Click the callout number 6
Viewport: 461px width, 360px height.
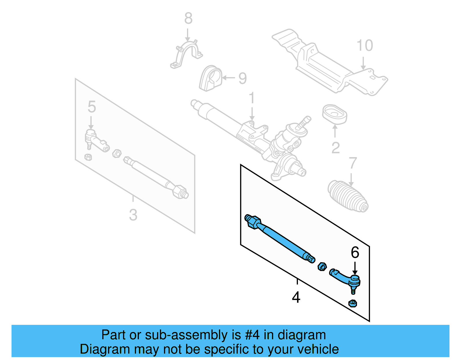coord(355,252)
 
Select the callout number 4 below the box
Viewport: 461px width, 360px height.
coord(296,297)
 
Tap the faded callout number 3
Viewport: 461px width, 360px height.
coord(133,215)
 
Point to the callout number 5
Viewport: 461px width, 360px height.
coord(92,107)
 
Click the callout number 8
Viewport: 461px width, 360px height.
coord(188,18)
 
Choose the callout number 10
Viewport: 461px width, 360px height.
coord(365,46)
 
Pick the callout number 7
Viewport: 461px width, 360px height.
coord(353,163)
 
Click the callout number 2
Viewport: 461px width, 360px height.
coord(335,148)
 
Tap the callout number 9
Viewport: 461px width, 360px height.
coord(243,78)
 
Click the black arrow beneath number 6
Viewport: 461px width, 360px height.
coord(355,268)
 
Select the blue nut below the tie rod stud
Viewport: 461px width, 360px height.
coord(353,303)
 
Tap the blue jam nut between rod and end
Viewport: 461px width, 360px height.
coord(322,267)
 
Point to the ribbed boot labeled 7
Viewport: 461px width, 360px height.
coord(348,197)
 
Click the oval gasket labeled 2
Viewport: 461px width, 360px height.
coord(335,114)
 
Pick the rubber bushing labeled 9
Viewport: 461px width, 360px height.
coord(210,78)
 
